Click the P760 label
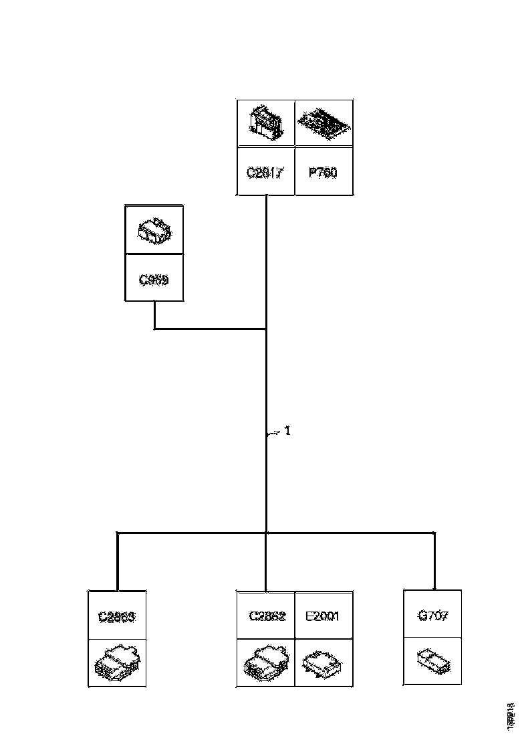(323, 173)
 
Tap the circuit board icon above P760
(323, 123)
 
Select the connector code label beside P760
(265, 173)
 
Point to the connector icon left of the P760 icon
(265, 123)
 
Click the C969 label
(154, 279)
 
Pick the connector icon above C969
(154, 229)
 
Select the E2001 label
(322, 616)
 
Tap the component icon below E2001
(322, 662)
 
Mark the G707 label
(432, 616)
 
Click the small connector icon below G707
(432, 661)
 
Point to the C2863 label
(117, 616)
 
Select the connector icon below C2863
(117, 662)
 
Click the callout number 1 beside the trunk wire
(287, 431)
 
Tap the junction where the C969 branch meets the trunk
(266, 329)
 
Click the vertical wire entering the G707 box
(434, 562)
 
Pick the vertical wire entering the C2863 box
(118, 562)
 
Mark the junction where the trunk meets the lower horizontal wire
(266, 533)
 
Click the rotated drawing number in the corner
(511, 715)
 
